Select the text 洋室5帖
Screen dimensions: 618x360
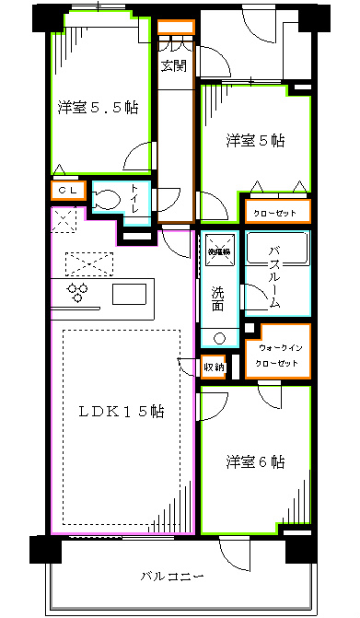(x=255, y=141)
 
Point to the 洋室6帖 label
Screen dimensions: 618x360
(x=255, y=461)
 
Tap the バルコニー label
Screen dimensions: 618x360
(x=170, y=577)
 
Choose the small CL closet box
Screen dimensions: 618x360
(x=68, y=192)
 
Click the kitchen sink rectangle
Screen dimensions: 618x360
(x=129, y=294)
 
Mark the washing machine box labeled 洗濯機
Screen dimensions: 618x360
(x=219, y=248)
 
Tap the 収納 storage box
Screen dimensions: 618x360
(x=213, y=367)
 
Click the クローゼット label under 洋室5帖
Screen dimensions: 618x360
(x=276, y=213)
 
